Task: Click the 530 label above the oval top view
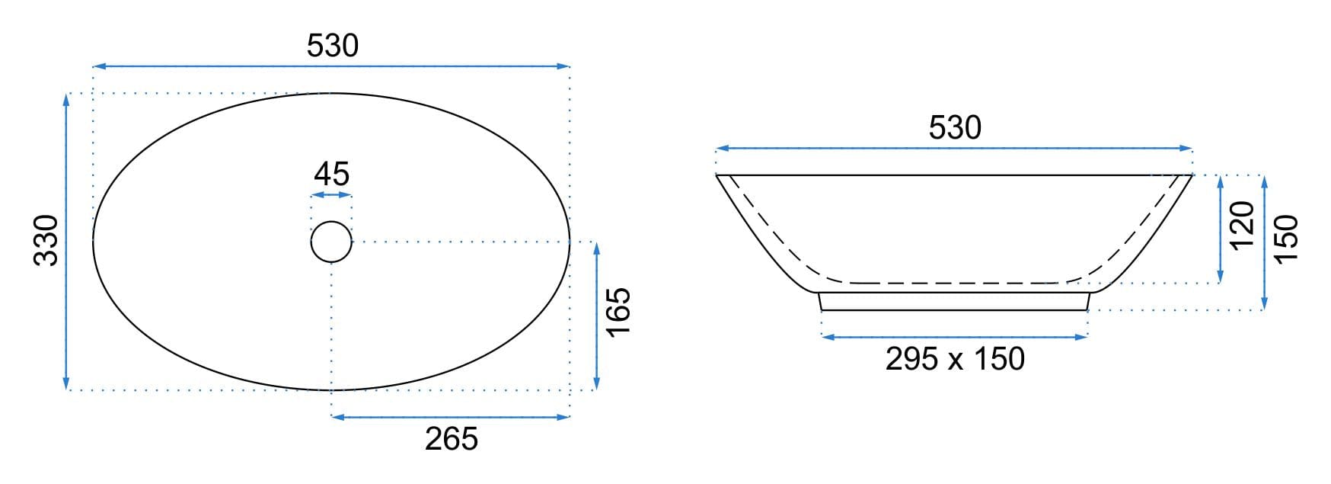coord(333,46)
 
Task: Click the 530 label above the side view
coord(955,128)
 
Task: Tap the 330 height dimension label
coord(46,240)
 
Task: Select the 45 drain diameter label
coord(331,175)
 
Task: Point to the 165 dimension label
coord(618,311)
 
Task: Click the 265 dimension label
coord(452,439)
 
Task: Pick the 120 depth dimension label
coord(1242,225)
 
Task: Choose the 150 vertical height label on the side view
coord(1286,239)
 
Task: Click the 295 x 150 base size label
coord(955,359)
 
